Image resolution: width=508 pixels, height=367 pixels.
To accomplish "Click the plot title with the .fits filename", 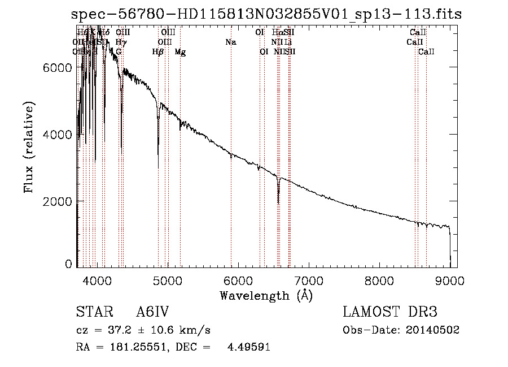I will click(x=266, y=14).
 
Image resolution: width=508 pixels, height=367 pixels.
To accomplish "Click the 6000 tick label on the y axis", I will click(x=58, y=67).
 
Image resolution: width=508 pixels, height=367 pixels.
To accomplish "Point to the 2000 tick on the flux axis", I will click(x=58, y=201).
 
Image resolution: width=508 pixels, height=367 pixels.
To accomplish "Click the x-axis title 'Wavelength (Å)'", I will click(x=266, y=295).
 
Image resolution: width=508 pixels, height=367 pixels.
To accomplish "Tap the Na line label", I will click(x=230, y=42).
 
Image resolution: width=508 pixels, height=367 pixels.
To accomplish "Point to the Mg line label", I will click(x=180, y=52).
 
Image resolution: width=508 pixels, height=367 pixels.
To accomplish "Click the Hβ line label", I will click(x=158, y=52).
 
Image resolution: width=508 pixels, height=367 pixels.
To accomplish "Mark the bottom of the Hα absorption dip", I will click(x=278, y=202).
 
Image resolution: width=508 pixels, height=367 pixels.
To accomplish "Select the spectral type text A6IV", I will click(x=153, y=312).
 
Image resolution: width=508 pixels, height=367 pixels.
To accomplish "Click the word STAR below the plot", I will click(x=92, y=312).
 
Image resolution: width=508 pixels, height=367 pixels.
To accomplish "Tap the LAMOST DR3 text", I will click(x=390, y=312).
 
